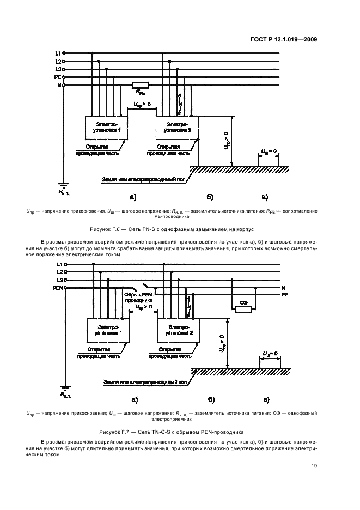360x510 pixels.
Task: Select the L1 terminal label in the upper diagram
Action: tap(58, 53)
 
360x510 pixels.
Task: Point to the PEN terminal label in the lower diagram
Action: tap(58, 287)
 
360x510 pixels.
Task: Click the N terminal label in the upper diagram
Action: tap(59, 86)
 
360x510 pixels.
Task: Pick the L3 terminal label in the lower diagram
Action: tap(58, 279)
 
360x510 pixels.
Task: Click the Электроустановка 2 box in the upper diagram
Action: tap(178, 128)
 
